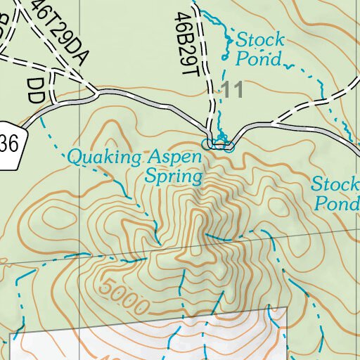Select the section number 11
pos(231,90)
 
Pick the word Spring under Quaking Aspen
pos(173,176)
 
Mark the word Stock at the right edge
pos(335,184)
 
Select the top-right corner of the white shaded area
pos(288,307)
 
